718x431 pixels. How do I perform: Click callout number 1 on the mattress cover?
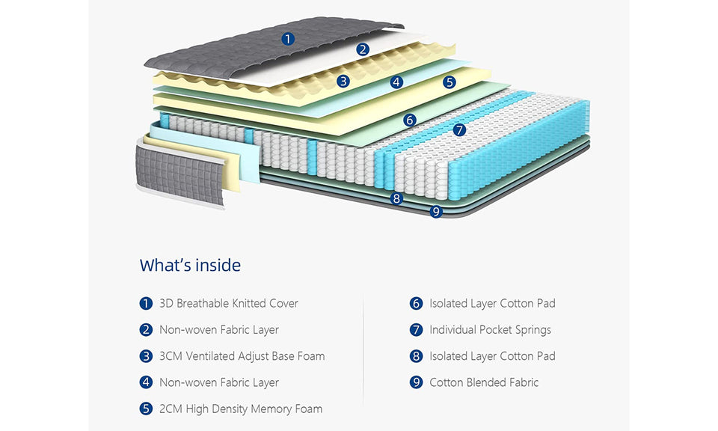tap(288, 39)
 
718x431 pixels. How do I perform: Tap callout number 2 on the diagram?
tap(363, 49)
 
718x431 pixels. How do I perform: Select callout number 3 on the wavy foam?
tap(343, 81)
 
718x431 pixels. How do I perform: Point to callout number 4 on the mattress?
tap(396, 82)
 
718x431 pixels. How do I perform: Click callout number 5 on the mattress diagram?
tap(449, 82)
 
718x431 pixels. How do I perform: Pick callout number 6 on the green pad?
tap(409, 120)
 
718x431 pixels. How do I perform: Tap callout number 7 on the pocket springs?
tap(460, 129)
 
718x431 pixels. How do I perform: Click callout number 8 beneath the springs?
tap(397, 198)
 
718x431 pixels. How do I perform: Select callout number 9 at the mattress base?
tap(436, 212)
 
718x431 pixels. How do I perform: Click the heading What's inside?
tap(190, 265)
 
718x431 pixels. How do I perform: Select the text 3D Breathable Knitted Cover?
tap(228, 303)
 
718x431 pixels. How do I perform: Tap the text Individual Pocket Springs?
tap(490, 329)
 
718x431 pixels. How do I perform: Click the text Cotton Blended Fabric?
tap(483, 382)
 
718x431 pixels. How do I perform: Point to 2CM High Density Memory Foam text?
tap(241, 409)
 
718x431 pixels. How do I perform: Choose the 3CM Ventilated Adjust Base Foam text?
tap(242, 356)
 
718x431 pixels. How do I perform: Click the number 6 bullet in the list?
tap(417, 303)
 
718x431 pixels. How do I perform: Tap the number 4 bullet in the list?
tap(146, 382)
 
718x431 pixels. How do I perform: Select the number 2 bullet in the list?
tap(146, 329)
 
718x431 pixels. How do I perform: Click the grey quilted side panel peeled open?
tap(179, 174)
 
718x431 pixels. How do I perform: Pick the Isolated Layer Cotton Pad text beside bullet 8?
tap(492, 356)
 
